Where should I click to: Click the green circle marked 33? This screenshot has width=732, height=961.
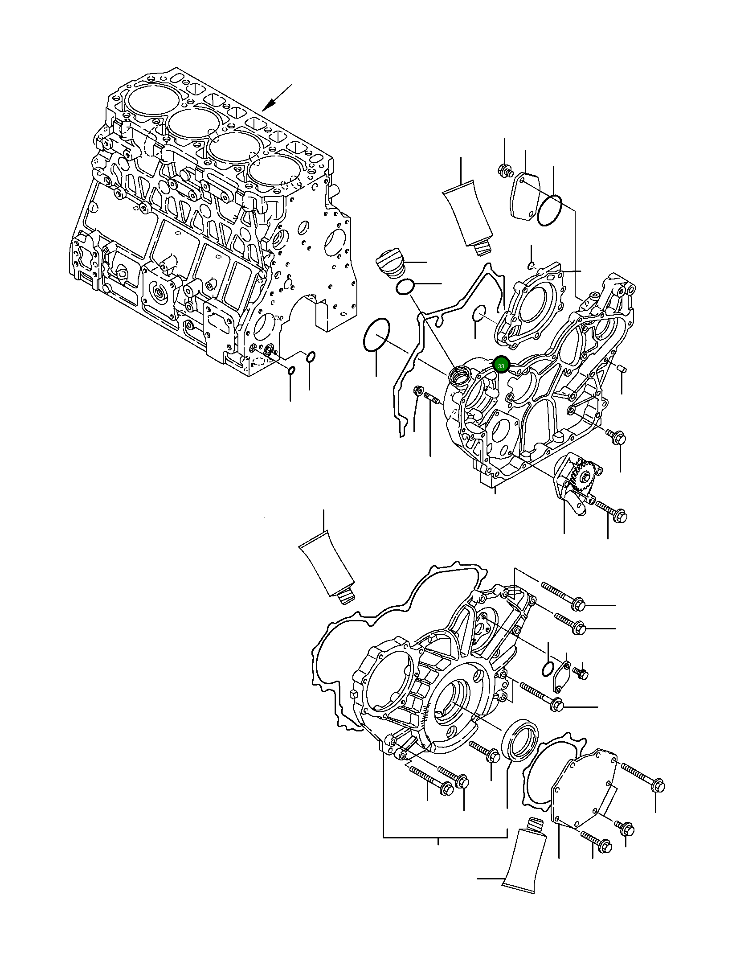(501, 366)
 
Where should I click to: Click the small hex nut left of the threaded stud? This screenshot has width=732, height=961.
(418, 391)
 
